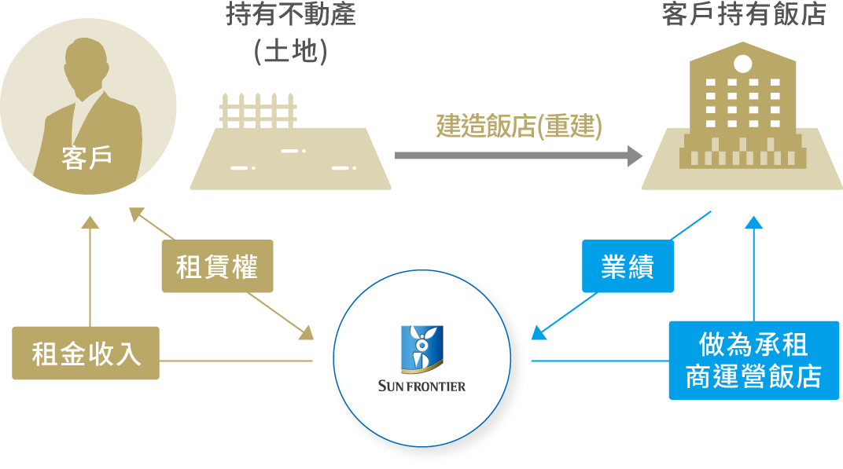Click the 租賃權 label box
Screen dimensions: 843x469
click(217, 266)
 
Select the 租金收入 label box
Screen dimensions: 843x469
click(86, 353)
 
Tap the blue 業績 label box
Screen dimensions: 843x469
click(628, 266)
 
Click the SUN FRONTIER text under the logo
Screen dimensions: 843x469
click(421, 386)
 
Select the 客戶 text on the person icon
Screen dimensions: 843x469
click(87, 157)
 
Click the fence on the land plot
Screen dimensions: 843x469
click(258, 111)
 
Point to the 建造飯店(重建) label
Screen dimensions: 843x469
click(519, 126)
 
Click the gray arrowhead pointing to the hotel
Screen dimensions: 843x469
click(635, 156)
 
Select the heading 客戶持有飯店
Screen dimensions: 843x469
click(744, 14)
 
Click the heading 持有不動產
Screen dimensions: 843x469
click(291, 14)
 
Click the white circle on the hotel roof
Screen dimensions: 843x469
click(742, 64)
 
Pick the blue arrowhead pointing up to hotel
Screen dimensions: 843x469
click(754, 222)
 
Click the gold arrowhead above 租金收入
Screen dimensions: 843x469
click(90, 222)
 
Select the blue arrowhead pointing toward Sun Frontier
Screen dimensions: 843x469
click(538, 333)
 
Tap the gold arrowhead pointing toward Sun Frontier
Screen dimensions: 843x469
click(307, 332)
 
